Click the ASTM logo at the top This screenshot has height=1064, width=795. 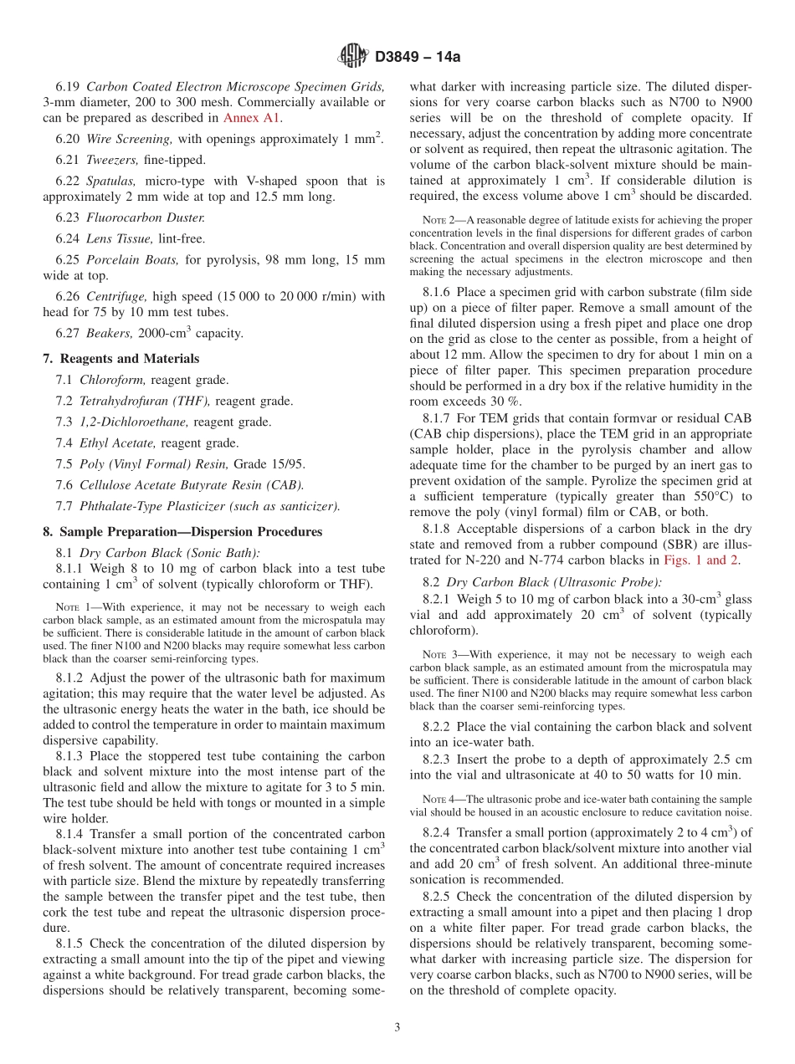(x=352, y=56)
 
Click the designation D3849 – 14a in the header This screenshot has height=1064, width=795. (x=416, y=57)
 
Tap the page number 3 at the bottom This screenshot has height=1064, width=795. (x=397, y=1027)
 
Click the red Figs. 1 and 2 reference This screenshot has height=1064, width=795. (x=700, y=560)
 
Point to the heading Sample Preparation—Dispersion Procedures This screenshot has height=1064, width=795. (x=182, y=531)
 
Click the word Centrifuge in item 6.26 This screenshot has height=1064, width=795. (x=113, y=295)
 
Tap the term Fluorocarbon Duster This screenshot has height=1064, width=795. (x=141, y=217)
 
